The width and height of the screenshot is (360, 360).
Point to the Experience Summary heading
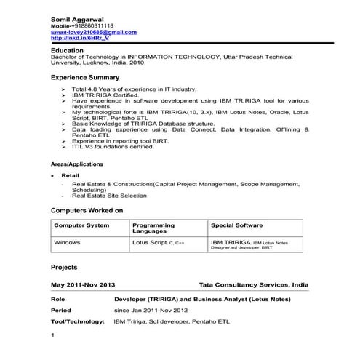(x=85, y=76)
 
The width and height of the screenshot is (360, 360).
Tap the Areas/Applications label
(x=77, y=164)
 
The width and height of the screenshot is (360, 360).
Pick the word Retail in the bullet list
(x=71, y=176)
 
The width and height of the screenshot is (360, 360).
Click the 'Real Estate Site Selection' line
(x=109, y=196)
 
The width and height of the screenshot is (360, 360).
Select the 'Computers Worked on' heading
(x=87, y=210)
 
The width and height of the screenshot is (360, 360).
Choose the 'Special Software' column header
(x=237, y=225)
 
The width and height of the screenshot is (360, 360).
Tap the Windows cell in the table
(x=68, y=241)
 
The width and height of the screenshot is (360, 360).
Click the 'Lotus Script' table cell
(x=151, y=241)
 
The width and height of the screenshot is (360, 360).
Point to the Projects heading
(x=65, y=268)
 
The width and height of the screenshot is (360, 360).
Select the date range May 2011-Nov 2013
(x=84, y=285)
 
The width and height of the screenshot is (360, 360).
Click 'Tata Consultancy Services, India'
(x=253, y=285)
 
